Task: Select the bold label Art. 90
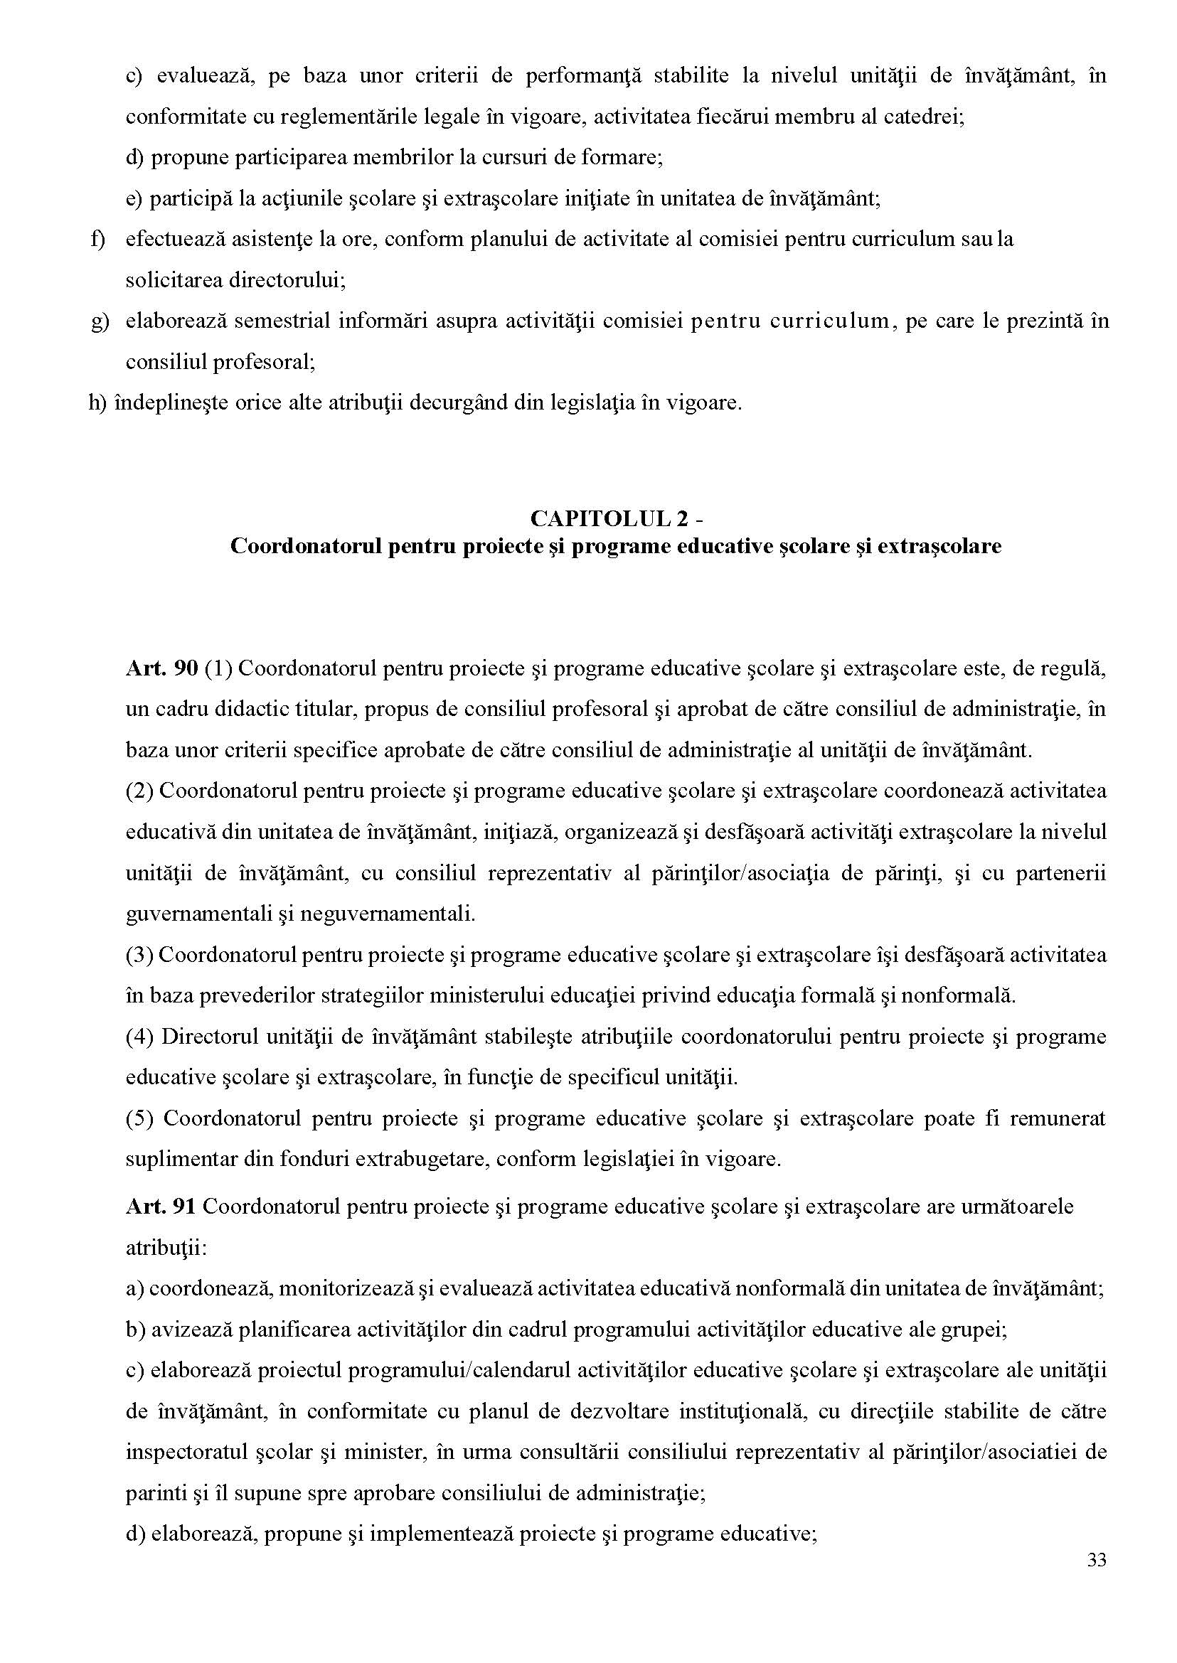tap(161, 668)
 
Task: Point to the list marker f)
tap(98, 238)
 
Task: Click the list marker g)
tap(100, 320)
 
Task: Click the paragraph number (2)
tap(139, 791)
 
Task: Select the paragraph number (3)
tap(139, 954)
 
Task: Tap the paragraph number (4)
tap(139, 1036)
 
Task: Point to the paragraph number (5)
tap(139, 1118)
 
